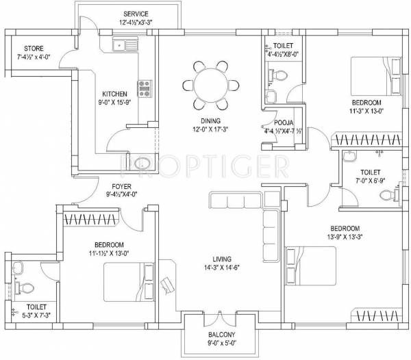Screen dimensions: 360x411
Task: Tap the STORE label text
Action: pyautogui.click(x=35, y=49)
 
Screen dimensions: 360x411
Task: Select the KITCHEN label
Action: pyautogui.click(x=115, y=94)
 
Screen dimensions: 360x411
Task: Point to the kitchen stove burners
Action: pyautogui.click(x=145, y=88)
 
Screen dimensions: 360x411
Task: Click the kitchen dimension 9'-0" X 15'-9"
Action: pyautogui.click(x=115, y=103)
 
